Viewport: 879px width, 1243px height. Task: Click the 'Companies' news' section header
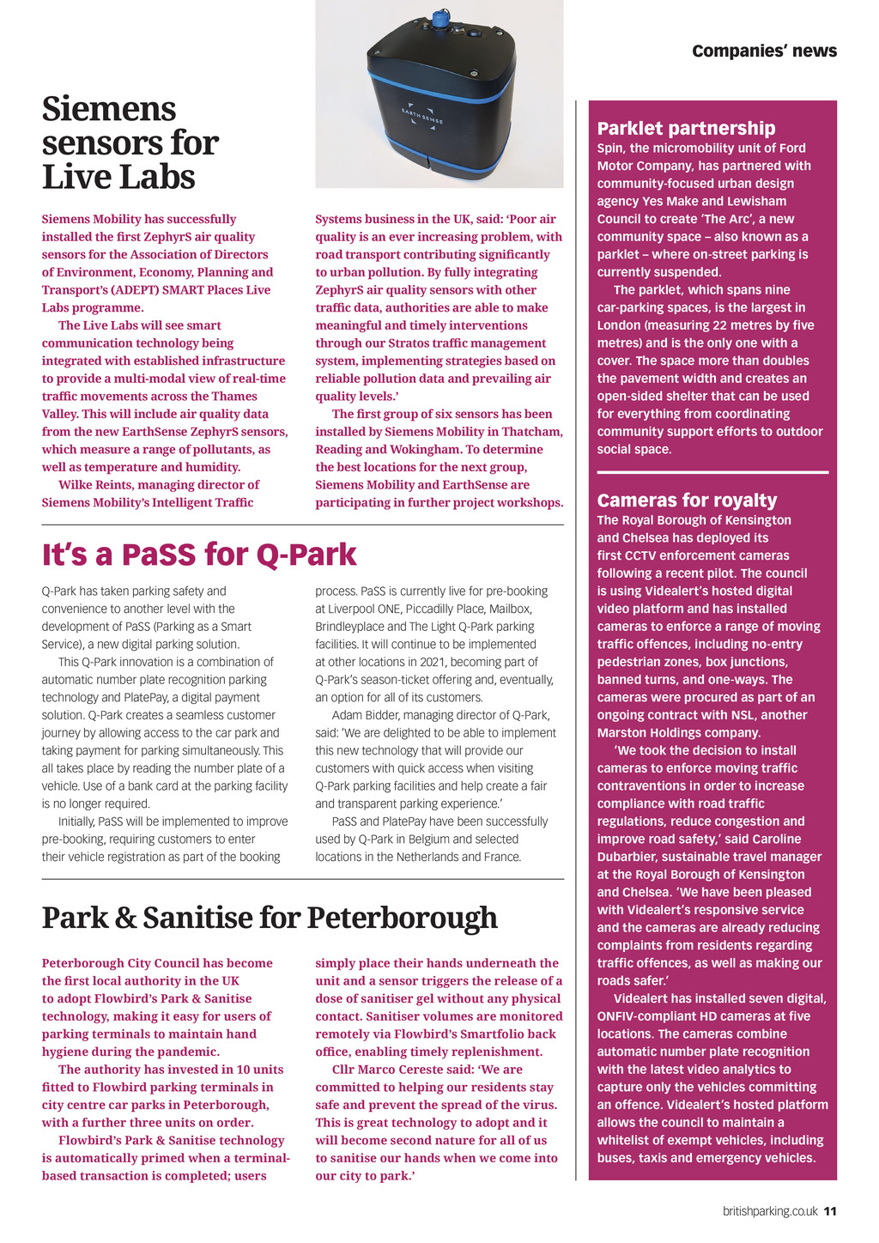pyautogui.click(x=764, y=52)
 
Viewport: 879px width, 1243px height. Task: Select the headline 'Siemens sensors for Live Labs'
pyautogui.click(x=130, y=143)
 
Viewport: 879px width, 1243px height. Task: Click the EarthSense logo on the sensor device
pyautogui.click(x=422, y=118)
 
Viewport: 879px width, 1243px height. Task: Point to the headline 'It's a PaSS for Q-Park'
pyautogui.click(x=199, y=555)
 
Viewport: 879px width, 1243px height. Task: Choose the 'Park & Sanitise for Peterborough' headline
pyautogui.click(x=270, y=918)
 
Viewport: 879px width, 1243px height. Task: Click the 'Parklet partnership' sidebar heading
pyautogui.click(x=686, y=129)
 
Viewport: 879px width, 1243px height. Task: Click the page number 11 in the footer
pyautogui.click(x=830, y=1211)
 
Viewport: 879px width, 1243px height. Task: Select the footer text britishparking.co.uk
pyautogui.click(x=770, y=1211)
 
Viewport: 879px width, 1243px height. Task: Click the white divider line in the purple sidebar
pyautogui.click(x=712, y=472)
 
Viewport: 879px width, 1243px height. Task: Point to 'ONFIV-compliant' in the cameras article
pyautogui.click(x=644, y=1016)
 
